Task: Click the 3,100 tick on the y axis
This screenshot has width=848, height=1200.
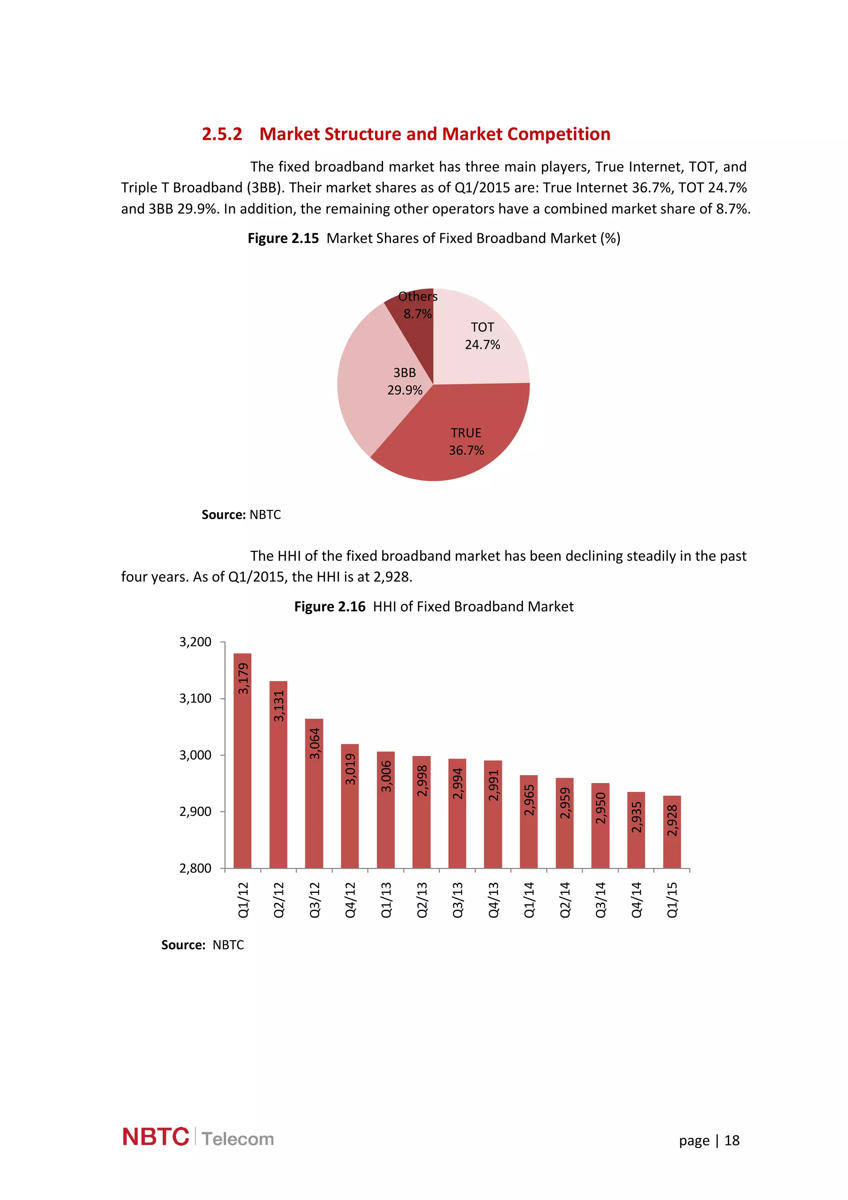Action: [x=195, y=698]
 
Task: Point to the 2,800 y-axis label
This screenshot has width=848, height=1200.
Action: [x=195, y=868]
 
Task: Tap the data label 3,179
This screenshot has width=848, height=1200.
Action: [x=243, y=678]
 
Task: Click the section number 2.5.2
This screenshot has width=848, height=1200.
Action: [x=222, y=134]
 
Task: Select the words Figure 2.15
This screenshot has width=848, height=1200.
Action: [x=283, y=239]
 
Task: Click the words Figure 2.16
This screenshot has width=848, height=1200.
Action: [x=329, y=606]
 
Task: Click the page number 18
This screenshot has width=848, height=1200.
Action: [x=732, y=1140]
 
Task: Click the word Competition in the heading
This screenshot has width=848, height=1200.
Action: [x=559, y=134]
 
